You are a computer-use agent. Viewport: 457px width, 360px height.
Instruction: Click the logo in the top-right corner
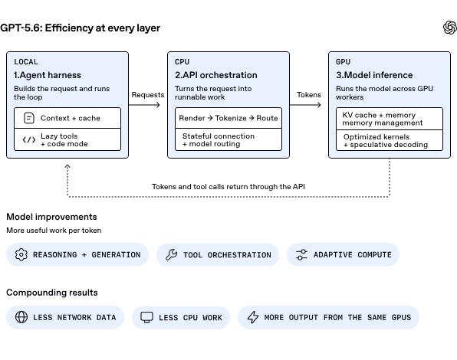[449, 28]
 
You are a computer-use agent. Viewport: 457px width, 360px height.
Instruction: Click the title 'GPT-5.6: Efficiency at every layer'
[81, 28]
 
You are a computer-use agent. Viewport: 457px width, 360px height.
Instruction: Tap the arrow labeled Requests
[144, 105]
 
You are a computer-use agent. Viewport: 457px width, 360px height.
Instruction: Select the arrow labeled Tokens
[305, 105]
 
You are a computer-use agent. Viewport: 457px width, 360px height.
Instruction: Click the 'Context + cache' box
[67, 118]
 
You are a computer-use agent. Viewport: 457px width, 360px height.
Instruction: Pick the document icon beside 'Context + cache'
[29, 118]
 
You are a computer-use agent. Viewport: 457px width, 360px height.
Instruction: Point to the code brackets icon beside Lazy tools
[29, 140]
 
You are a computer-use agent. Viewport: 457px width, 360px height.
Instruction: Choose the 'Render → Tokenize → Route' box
[228, 118]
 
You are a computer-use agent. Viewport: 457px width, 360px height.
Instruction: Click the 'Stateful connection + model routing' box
[228, 139]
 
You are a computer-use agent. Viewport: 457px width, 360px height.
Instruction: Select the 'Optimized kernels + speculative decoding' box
[390, 140]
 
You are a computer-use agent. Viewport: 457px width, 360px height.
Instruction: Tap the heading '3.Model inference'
[374, 75]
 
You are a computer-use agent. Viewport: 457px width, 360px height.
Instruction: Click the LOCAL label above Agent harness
[26, 62]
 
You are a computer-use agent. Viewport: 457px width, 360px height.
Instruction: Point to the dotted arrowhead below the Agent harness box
[67, 166]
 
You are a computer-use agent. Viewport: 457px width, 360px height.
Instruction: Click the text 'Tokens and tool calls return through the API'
[228, 187]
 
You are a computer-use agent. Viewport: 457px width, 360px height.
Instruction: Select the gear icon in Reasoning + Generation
[21, 254]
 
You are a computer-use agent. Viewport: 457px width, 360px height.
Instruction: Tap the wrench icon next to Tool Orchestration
[172, 254]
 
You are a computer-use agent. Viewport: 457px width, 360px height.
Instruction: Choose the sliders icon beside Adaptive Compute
[301, 254]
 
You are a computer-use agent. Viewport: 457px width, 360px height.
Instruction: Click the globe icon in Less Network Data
[21, 317]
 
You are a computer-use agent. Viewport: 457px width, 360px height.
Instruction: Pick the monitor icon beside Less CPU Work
[146, 317]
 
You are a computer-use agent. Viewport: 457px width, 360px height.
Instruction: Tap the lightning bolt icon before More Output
[253, 317]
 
